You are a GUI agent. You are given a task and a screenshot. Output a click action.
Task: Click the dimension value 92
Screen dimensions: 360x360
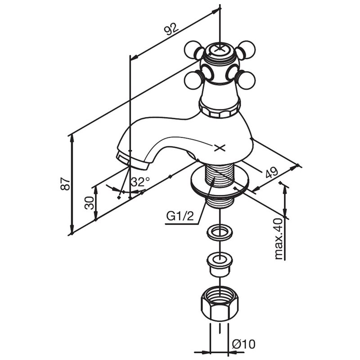[171, 29]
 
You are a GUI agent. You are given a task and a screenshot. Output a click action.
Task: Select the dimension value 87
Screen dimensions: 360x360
[65, 184]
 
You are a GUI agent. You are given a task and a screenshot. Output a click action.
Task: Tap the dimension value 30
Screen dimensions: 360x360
[90, 203]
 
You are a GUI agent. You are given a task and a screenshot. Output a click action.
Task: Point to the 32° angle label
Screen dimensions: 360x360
[140, 182]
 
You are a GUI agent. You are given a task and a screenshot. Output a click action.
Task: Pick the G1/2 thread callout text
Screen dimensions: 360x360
[180, 216]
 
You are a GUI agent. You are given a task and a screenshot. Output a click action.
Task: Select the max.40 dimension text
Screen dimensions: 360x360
[279, 239]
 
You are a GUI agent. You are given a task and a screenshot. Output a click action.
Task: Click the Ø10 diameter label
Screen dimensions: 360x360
[243, 344]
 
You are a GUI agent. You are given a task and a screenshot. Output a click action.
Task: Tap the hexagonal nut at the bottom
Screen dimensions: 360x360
[220, 304]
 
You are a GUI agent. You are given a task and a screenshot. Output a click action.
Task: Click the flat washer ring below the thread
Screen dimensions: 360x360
[220, 232]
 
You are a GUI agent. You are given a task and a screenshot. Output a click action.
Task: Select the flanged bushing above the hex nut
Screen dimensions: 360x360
[220, 264]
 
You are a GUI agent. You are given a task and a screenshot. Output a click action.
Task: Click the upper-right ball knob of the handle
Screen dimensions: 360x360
[246, 49]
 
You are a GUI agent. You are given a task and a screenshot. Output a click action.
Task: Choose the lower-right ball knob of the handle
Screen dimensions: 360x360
[246, 80]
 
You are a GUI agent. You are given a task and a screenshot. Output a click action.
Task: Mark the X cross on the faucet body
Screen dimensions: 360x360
[220, 148]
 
